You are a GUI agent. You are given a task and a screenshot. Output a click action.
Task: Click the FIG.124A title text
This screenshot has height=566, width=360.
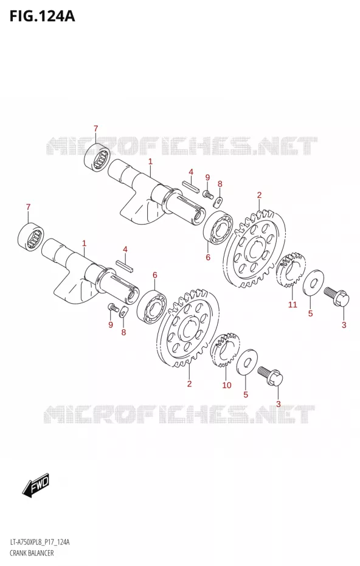tap(42, 16)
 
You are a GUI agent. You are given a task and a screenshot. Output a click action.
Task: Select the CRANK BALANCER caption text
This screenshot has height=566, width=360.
tap(32, 553)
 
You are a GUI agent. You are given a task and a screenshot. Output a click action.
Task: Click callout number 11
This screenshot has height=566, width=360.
tap(292, 304)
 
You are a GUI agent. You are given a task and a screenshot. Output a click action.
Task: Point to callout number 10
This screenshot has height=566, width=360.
tap(227, 385)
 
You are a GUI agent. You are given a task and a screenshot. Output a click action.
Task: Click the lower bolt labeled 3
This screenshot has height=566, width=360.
tap(270, 376)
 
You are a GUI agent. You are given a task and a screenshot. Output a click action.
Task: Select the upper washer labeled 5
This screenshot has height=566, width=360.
tap(314, 282)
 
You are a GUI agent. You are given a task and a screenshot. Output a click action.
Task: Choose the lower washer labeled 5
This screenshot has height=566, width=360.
tap(247, 362)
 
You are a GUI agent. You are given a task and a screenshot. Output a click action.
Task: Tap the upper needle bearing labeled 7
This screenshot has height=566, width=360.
tap(97, 158)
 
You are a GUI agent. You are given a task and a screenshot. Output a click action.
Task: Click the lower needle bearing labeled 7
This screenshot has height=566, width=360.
tap(31, 237)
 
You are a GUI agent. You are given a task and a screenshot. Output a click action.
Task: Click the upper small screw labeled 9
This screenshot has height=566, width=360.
tap(207, 194)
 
